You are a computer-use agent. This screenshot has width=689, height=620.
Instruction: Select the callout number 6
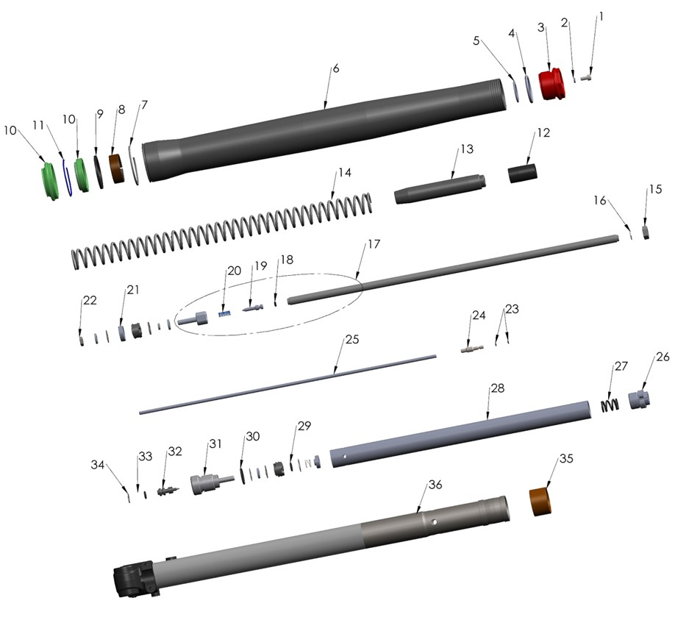pos(335,68)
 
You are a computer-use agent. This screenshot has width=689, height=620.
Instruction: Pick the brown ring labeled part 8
pos(118,168)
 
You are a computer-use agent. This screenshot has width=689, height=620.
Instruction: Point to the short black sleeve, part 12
pos(522,174)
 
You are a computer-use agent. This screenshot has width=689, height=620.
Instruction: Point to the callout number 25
pos(351,341)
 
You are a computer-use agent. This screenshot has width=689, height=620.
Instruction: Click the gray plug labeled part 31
pos(208,484)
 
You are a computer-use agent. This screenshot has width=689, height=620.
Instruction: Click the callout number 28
pos(497,388)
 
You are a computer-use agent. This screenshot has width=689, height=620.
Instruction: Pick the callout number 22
pos(90,301)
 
